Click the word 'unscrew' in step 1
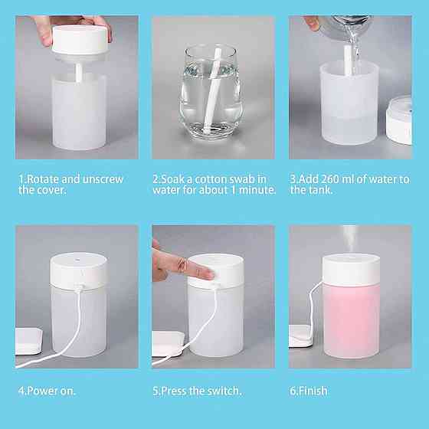pos(103,179)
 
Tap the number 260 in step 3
pos(330,179)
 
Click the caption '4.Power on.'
pos(47,391)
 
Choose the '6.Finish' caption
pos(309,391)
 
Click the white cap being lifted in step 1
pos(80,40)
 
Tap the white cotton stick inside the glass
pos(212,90)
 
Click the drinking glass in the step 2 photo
pos(211,92)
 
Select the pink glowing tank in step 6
pos(351,320)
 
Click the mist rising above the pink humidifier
pos(350,238)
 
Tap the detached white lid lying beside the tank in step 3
pos(399,120)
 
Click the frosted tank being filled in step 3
pos(349,103)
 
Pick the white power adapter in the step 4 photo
pos(28,342)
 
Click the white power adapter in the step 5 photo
pos(168,344)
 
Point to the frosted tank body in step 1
pos(79,112)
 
